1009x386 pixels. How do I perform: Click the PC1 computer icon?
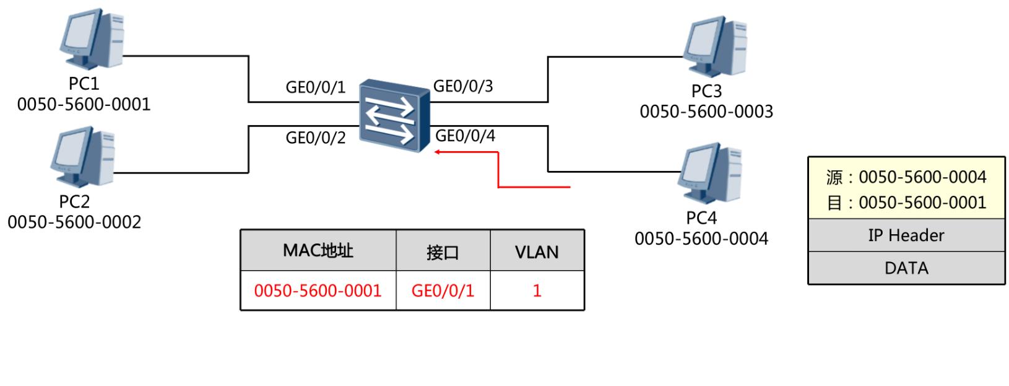tap(92, 38)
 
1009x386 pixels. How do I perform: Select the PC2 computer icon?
tap(83, 156)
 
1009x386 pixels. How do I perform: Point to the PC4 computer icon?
tap(711, 173)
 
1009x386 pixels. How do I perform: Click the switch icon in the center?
tap(394, 115)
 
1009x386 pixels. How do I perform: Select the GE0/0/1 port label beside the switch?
tap(315, 87)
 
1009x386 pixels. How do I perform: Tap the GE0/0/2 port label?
tap(315, 138)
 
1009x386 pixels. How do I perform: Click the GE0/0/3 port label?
tap(463, 86)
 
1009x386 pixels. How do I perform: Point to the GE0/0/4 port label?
tap(465, 136)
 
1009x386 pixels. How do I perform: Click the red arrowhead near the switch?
tap(438, 152)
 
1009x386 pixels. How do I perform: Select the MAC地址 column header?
tap(318, 251)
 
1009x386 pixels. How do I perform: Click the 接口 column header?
tap(443, 252)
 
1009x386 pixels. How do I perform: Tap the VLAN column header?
tap(537, 252)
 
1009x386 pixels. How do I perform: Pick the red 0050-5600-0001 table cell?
tap(318, 291)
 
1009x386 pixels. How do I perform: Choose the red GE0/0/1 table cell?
tap(443, 291)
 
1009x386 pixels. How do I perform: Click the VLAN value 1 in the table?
tap(537, 291)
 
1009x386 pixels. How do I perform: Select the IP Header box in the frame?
tap(906, 235)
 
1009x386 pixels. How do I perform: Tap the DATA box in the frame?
tap(906, 268)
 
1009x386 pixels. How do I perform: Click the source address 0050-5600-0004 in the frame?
tap(922, 177)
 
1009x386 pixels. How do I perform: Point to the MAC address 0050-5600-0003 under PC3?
tap(706, 112)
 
